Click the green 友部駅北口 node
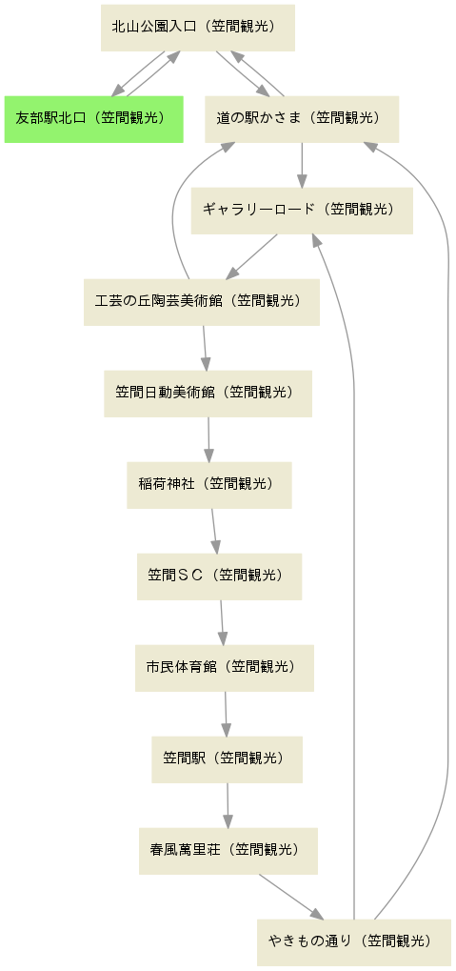[93, 119]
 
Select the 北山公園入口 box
[198, 28]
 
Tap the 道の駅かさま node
[302, 119]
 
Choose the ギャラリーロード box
[302, 211]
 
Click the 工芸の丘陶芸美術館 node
[202, 302]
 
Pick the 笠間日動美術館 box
[208, 394]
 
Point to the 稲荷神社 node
[209, 485]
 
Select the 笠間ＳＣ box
[220, 577]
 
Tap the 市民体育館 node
[225, 668]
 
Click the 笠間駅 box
[228, 759]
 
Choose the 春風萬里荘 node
[228, 851]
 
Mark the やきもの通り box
[354, 942]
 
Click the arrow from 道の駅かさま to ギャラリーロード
[302, 166]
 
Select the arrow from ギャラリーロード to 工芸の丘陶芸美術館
[252, 256]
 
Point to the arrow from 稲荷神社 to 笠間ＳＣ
[214, 532]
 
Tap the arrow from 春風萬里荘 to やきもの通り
[290, 898]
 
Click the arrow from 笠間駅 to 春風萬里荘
[228, 805]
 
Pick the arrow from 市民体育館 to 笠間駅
[226, 714]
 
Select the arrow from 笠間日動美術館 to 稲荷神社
[208, 439]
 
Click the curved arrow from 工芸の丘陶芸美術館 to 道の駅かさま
[174, 204]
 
